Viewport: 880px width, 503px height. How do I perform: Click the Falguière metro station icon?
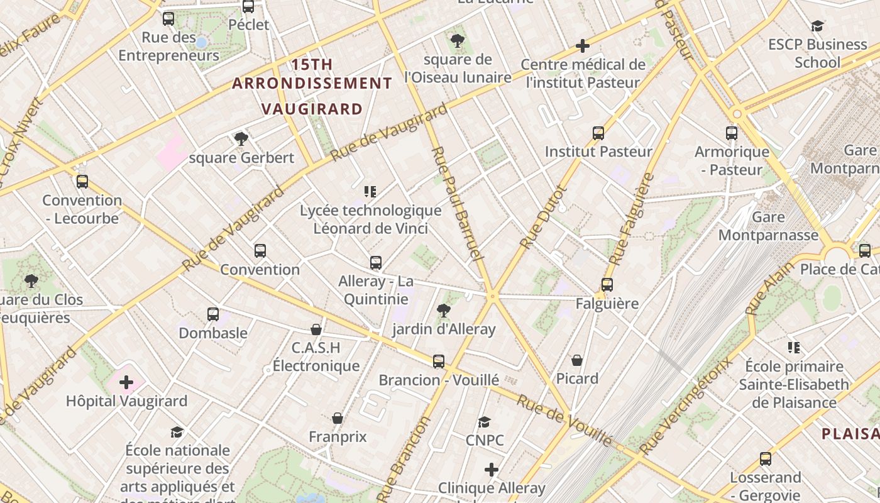[607, 284]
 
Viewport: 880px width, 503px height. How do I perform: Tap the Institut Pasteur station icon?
[598, 133]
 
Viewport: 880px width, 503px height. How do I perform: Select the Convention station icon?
[260, 250]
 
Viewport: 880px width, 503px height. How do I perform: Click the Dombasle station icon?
[213, 314]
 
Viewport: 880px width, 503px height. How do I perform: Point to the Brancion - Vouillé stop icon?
[439, 361]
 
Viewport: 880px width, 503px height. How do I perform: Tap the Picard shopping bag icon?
[576, 360]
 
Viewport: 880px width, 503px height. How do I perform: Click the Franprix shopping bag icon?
[338, 418]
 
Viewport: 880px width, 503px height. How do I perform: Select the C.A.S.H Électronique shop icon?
[316, 329]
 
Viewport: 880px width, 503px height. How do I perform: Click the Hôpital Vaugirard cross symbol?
[126, 382]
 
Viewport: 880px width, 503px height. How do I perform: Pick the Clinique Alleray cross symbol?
[492, 469]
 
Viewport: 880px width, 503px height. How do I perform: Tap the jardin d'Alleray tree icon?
[444, 310]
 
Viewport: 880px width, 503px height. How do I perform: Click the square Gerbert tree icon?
[241, 139]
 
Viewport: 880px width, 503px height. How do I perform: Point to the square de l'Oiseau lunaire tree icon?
[458, 41]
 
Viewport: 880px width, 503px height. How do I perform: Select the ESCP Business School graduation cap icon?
[817, 26]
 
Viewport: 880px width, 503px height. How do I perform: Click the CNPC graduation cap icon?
[484, 422]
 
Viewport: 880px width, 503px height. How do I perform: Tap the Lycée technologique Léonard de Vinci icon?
[370, 191]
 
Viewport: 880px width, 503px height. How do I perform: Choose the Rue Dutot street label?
[544, 216]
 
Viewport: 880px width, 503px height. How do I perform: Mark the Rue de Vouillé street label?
[564, 420]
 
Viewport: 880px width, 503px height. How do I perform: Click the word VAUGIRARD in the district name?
[312, 109]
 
